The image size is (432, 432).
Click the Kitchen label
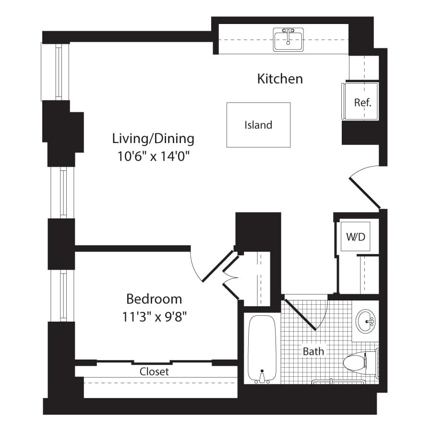tap(280, 79)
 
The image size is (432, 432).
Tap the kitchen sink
tap(288, 40)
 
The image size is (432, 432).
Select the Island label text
tap(258, 125)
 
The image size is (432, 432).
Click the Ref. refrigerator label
tap(362, 103)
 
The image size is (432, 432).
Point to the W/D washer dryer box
tap(355, 236)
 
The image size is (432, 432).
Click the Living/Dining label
tap(153, 139)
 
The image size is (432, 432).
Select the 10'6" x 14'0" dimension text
tap(154, 156)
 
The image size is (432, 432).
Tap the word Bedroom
tap(154, 299)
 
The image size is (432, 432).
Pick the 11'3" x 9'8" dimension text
tap(154, 317)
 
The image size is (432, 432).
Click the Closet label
tap(154, 372)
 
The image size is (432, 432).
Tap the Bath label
tap(313, 351)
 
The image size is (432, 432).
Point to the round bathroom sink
tap(365, 322)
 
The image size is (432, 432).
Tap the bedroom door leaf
tap(217, 266)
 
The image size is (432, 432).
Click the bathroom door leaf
tap(300, 314)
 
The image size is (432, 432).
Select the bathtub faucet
tap(262, 377)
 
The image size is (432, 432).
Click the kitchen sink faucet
tap(288, 36)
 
